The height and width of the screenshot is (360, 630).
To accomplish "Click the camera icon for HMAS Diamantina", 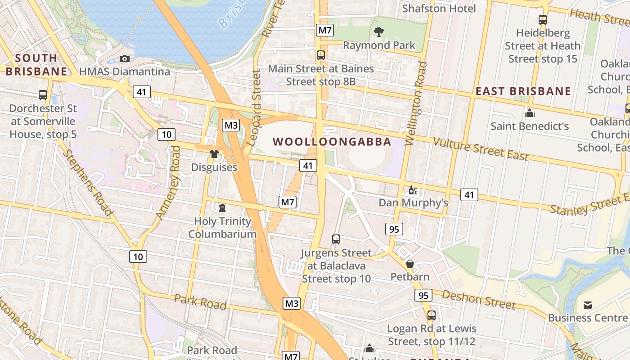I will (125, 59).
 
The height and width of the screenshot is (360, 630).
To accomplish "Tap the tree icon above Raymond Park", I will (379, 31).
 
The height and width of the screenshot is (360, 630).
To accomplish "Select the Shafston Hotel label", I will (439, 9).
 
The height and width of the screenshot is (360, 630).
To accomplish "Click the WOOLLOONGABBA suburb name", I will (332, 142).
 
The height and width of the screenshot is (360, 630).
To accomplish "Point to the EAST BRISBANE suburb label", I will (523, 91).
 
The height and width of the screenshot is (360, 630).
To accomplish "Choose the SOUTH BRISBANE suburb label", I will (36, 64).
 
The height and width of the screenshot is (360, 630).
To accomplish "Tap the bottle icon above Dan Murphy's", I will (413, 190).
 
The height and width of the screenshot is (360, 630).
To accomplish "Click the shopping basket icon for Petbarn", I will (409, 264).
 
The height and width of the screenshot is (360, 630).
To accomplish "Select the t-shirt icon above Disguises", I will (214, 154).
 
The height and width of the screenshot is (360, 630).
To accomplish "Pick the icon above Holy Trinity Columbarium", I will (222, 208).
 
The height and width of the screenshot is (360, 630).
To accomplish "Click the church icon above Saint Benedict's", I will (530, 113).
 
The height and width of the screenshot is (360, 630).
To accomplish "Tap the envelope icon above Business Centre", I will (587, 305).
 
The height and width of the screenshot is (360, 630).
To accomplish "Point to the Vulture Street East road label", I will (480, 149).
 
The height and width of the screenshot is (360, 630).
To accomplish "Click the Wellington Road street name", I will (416, 103).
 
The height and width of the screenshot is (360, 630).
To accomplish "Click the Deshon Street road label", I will (478, 300).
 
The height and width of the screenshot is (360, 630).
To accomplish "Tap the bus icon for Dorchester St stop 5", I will (43, 95).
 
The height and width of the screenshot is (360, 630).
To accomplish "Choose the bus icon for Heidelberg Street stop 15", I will (542, 20).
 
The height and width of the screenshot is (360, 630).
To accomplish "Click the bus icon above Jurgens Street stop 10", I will (336, 239).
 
